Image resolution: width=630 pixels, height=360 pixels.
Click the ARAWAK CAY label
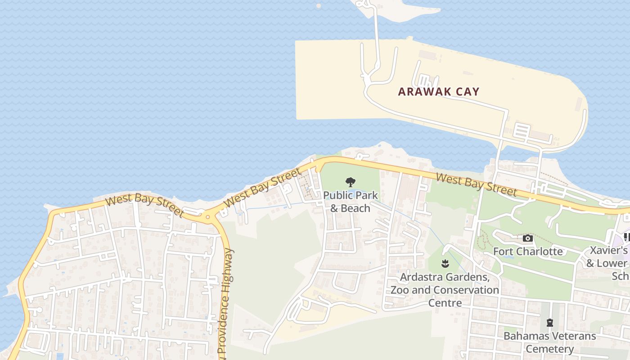439,92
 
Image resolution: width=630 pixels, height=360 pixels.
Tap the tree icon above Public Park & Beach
351,182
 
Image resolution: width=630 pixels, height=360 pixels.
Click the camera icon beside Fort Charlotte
528,238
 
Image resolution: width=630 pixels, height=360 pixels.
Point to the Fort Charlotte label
528,251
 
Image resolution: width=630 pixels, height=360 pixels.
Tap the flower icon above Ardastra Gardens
445,263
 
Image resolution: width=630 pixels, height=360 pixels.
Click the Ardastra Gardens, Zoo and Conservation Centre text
445,290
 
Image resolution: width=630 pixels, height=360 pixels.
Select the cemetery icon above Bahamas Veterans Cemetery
549,322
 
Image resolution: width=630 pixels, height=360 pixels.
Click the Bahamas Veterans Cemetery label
549,342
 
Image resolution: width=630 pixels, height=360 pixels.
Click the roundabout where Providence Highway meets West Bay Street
207,217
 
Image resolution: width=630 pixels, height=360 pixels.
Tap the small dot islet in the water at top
319,6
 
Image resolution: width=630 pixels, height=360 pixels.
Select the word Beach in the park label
355,208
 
